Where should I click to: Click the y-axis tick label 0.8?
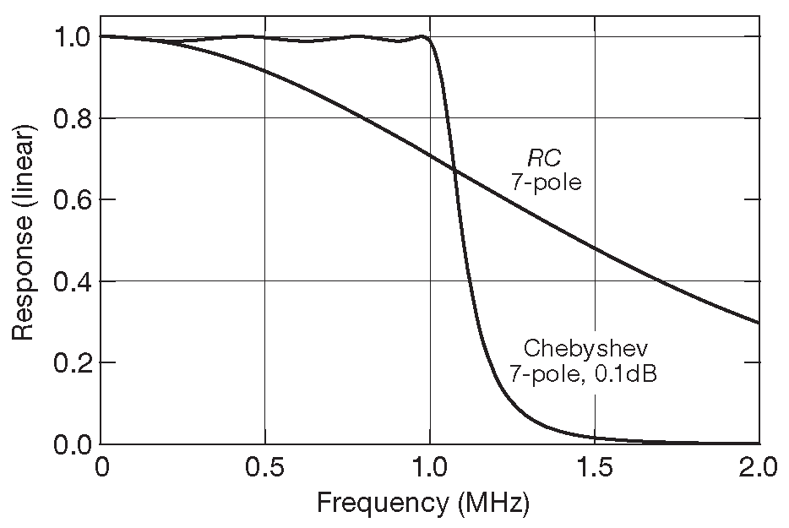(71, 118)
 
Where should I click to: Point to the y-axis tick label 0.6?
(71, 199)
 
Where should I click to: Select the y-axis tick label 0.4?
(71, 281)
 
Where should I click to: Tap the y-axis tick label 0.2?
(71, 363)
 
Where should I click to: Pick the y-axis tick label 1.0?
(71, 36)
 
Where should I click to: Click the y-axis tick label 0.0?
(71, 444)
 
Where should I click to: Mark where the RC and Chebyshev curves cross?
(455, 171)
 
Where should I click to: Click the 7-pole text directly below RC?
(546, 181)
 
